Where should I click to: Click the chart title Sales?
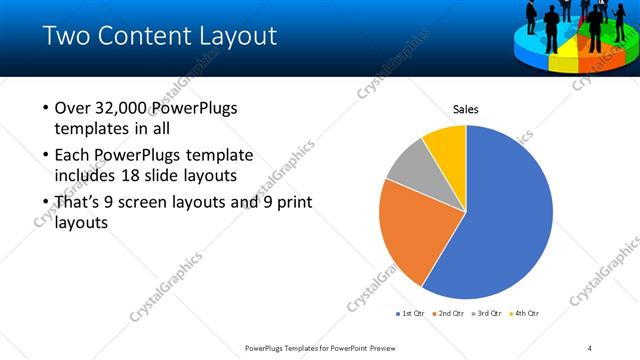[x=466, y=108]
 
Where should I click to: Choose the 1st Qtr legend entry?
[x=410, y=313]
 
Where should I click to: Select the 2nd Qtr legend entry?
[x=449, y=313]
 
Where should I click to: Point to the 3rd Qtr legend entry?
[x=488, y=313]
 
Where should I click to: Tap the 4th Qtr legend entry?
[x=527, y=313]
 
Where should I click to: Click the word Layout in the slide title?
[x=237, y=37]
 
